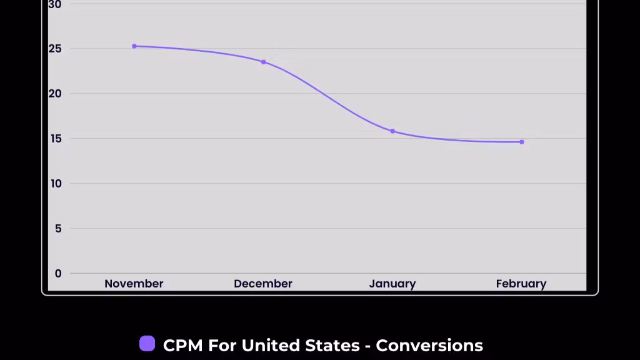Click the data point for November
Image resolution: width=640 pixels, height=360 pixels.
click(x=134, y=46)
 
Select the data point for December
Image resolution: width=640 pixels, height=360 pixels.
click(x=263, y=62)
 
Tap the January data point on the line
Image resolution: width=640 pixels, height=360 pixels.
click(x=392, y=131)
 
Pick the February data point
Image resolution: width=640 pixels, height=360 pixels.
click(x=522, y=142)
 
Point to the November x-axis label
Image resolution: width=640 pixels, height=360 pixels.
click(x=134, y=284)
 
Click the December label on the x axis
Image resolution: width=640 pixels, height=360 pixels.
click(x=263, y=284)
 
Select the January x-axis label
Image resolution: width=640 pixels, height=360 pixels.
click(x=392, y=284)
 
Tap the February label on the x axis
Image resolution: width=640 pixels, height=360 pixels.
click(x=521, y=284)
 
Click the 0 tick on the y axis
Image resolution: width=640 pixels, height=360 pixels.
click(x=58, y=273)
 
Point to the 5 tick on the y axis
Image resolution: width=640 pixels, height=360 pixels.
click(x=58, y=228)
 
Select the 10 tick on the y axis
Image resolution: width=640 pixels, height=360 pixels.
click(x=56, y=183)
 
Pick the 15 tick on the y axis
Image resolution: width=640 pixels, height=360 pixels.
click(x=56, y=138)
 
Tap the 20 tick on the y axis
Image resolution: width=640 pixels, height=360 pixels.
click(x=56, y=93)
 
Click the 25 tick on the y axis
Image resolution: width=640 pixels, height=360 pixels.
click(x=56, y=48)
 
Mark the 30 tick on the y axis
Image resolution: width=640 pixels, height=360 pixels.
click(x=55, y=5)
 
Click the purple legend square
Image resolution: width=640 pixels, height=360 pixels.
click(x=147, y=344)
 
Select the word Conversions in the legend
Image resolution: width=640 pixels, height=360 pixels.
click(x=429, y=345)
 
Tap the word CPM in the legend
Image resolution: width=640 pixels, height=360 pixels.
click(x=183, y=345)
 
